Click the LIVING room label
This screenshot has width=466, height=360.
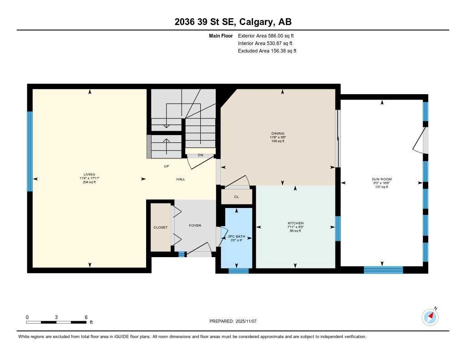89,174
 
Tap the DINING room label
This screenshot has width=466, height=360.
277,133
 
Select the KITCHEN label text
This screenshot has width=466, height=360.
295,223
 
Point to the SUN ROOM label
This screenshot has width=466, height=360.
381,179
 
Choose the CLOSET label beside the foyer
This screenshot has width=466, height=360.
160,227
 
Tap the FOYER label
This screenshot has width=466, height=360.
195,225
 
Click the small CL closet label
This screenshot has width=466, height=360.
236,197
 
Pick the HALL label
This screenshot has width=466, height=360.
181,179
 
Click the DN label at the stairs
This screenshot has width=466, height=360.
200,156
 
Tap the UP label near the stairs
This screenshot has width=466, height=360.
167,166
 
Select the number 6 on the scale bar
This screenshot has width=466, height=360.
86,317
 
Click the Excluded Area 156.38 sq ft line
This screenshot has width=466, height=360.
267,51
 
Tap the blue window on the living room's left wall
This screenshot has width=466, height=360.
30,151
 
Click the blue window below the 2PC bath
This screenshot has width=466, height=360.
238,271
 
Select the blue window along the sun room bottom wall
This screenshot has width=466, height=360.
383,270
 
